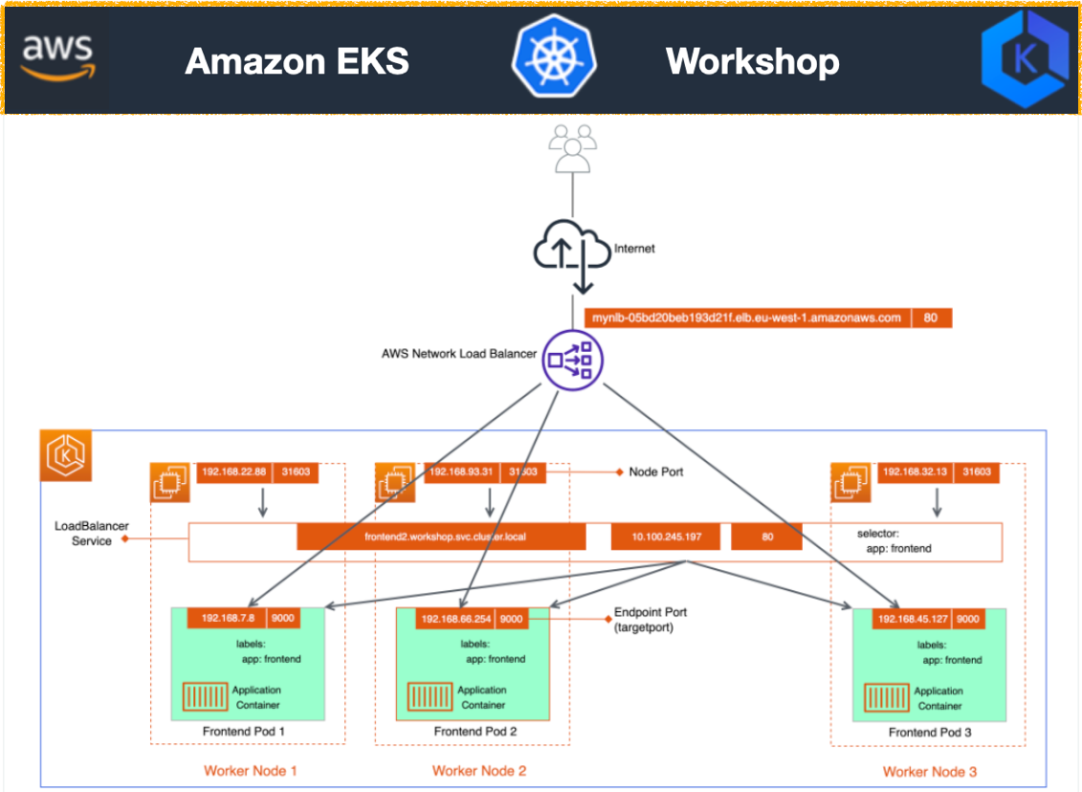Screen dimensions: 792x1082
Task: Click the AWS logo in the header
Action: [58, 58]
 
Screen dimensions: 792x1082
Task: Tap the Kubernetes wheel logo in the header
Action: [553, 58]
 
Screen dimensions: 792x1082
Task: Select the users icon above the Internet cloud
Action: [572, 152]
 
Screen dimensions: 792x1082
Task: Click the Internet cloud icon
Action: [572, 251]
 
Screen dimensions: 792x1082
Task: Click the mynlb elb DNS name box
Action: [746, 319]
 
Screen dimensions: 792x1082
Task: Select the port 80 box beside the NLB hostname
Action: [931, 319]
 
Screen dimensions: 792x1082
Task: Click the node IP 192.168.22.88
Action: [234, 472]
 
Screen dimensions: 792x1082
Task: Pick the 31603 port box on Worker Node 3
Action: [977, 472]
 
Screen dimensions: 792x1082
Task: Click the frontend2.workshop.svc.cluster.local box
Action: [441, 537]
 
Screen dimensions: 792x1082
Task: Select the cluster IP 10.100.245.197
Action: [668, 537]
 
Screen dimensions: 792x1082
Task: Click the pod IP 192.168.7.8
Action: [228, 619]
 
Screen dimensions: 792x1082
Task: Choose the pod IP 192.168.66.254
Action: [455, 619]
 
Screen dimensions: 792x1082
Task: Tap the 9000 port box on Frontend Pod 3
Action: [968, 619]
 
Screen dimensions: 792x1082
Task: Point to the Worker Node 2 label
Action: [478, 771]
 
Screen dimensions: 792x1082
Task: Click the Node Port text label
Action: [655, 472]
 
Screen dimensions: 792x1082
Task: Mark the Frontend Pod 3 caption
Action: [928, 732]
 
